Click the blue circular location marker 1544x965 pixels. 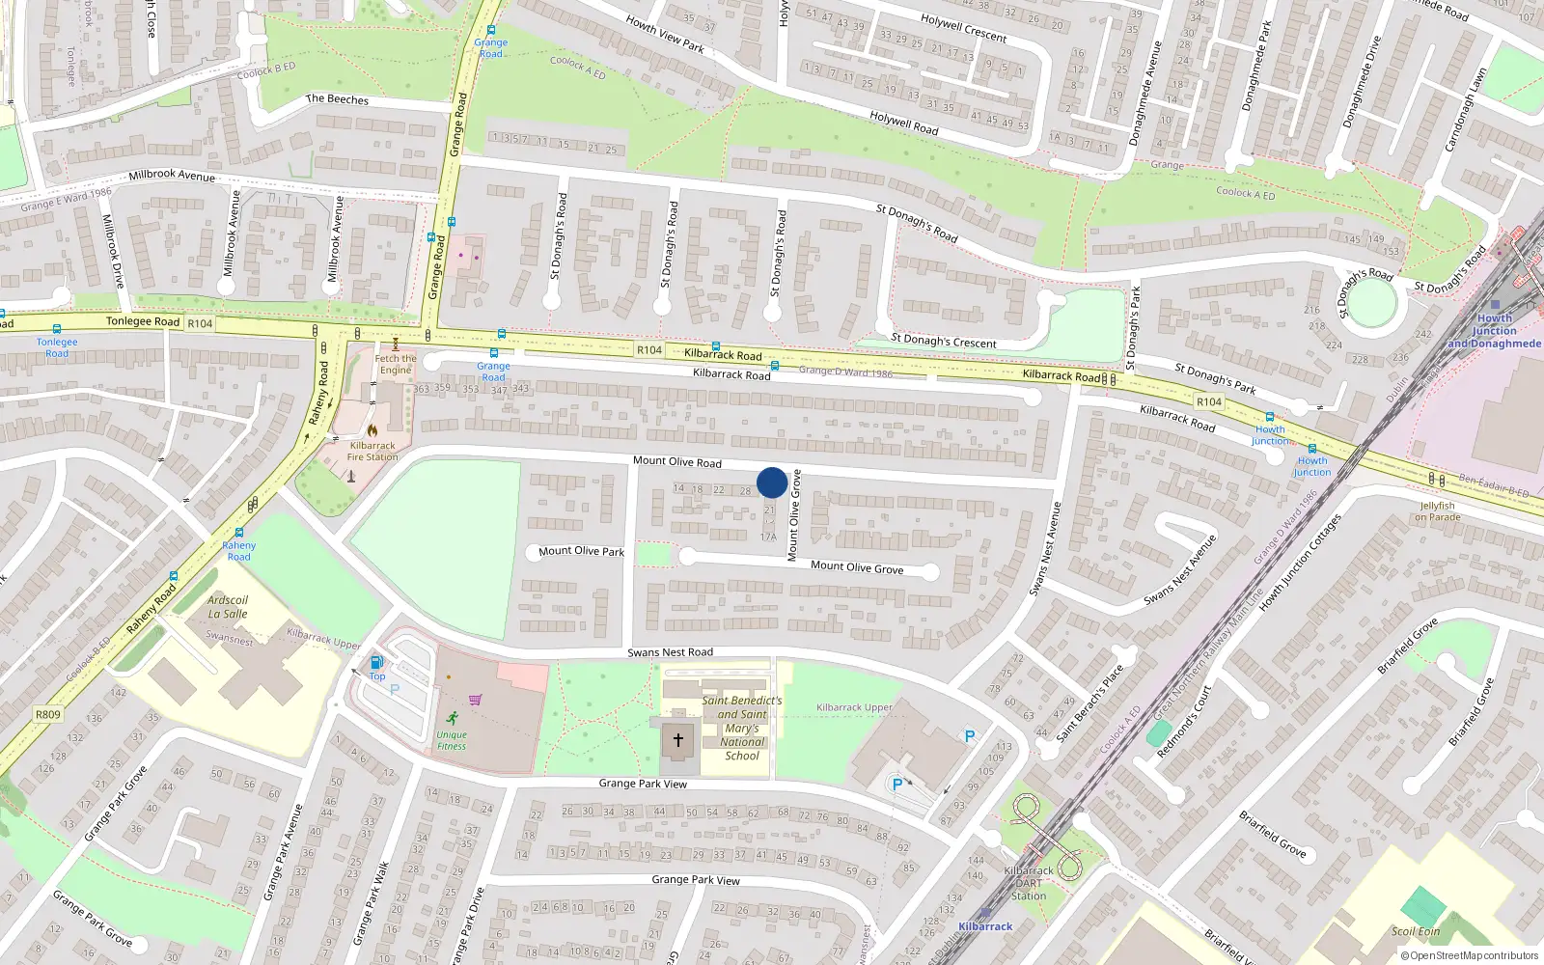click(772, 482)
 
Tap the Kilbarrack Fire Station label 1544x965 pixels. click(372, 452)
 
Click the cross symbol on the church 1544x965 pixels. click(678, 740)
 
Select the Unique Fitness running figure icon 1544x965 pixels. click(453, 718)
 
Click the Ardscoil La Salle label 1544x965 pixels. click(228, 607)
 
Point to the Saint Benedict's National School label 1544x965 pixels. click(741, 729)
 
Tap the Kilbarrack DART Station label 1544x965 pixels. click(1029, 883)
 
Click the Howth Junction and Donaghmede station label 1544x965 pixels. click(1494, 331)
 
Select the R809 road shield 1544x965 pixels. click(47, 715)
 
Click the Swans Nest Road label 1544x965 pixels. click(670, 652)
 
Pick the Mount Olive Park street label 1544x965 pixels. click(581, 551)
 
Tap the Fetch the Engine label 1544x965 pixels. click(396, 364)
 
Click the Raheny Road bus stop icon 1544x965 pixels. click(238, 533)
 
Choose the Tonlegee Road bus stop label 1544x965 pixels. click(57, 347)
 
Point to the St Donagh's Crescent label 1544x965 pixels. click(944, 341)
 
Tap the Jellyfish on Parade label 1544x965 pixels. click(1438, 511)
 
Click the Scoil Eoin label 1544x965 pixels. click(1416, 931)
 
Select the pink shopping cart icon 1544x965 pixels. click(475, 701)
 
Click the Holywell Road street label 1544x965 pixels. click(904, 123)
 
